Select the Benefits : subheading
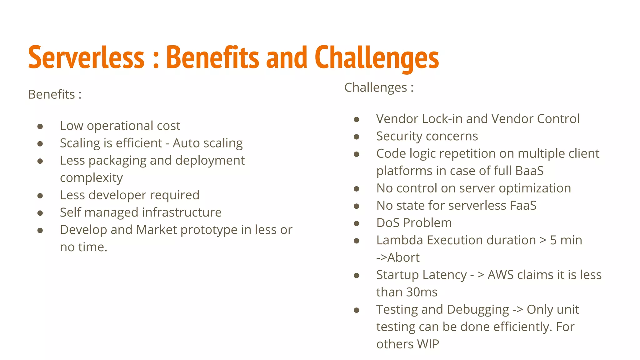55,94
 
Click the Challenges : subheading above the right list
379,87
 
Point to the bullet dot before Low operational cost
40,126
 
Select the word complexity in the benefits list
91,178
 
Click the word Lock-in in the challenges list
441,119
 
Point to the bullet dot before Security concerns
356,137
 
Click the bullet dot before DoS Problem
356,223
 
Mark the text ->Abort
398,257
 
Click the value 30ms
422,292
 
